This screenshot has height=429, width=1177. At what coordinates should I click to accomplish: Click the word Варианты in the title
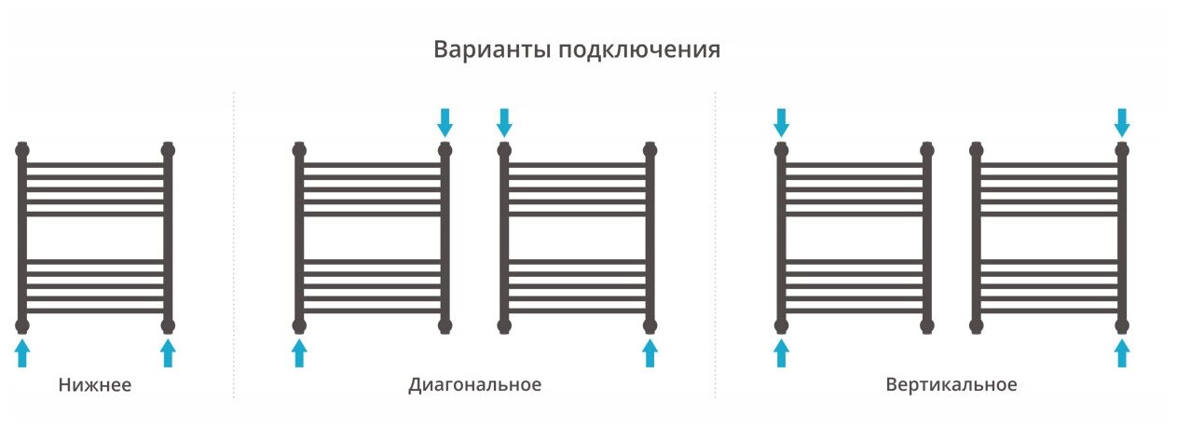pyautogui.click(x=492, y=49)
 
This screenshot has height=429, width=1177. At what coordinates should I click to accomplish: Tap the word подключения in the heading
pyautogui.click(x=639, y=50)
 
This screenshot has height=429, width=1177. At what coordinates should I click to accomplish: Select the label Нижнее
pyautogui.click(x=94, y=385)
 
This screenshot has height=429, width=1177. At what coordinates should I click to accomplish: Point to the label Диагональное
pyautogui.click(x=474, y=384)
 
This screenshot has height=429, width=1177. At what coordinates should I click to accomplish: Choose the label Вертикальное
pyautogui.click(x=951, y=384)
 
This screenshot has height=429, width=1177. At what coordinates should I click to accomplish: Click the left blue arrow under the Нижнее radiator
pyautogui.click(x=22, y=353)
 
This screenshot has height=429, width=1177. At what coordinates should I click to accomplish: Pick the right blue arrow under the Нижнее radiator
pyautogui.click(x=168, y=353)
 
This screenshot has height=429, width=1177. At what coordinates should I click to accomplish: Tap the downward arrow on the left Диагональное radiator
pyautogui.click(x=445, y=121)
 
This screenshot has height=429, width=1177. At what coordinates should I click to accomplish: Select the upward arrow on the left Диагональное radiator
pyautogui.click(x=299, y=353)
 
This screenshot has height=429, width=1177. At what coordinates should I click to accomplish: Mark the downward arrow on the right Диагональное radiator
pyautogui.click(x=504, y=121)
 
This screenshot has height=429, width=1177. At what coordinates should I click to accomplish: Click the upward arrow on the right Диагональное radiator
pyautogui.click(x=650, y=353)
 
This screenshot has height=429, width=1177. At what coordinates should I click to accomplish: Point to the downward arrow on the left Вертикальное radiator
pyautogui.click(x=781, y=121)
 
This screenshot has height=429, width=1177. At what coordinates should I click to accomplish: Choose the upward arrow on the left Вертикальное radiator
pyautogui.click(x=781, y=353)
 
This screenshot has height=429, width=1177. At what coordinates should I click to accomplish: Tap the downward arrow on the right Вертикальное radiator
pyautogui.click(x=1122, y=121)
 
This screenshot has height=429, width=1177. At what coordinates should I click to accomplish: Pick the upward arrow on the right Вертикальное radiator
pyautogui.click(x=1122, y=353)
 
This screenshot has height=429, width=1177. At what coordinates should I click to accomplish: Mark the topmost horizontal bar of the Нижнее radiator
pyautogui.click(x=95, y=165)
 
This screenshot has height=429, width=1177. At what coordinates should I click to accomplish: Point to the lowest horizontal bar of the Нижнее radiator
pyautogui.click(x=95, y=311)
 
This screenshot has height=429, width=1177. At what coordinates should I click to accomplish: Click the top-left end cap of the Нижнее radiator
pyautogui.click(x=22, y=148)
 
